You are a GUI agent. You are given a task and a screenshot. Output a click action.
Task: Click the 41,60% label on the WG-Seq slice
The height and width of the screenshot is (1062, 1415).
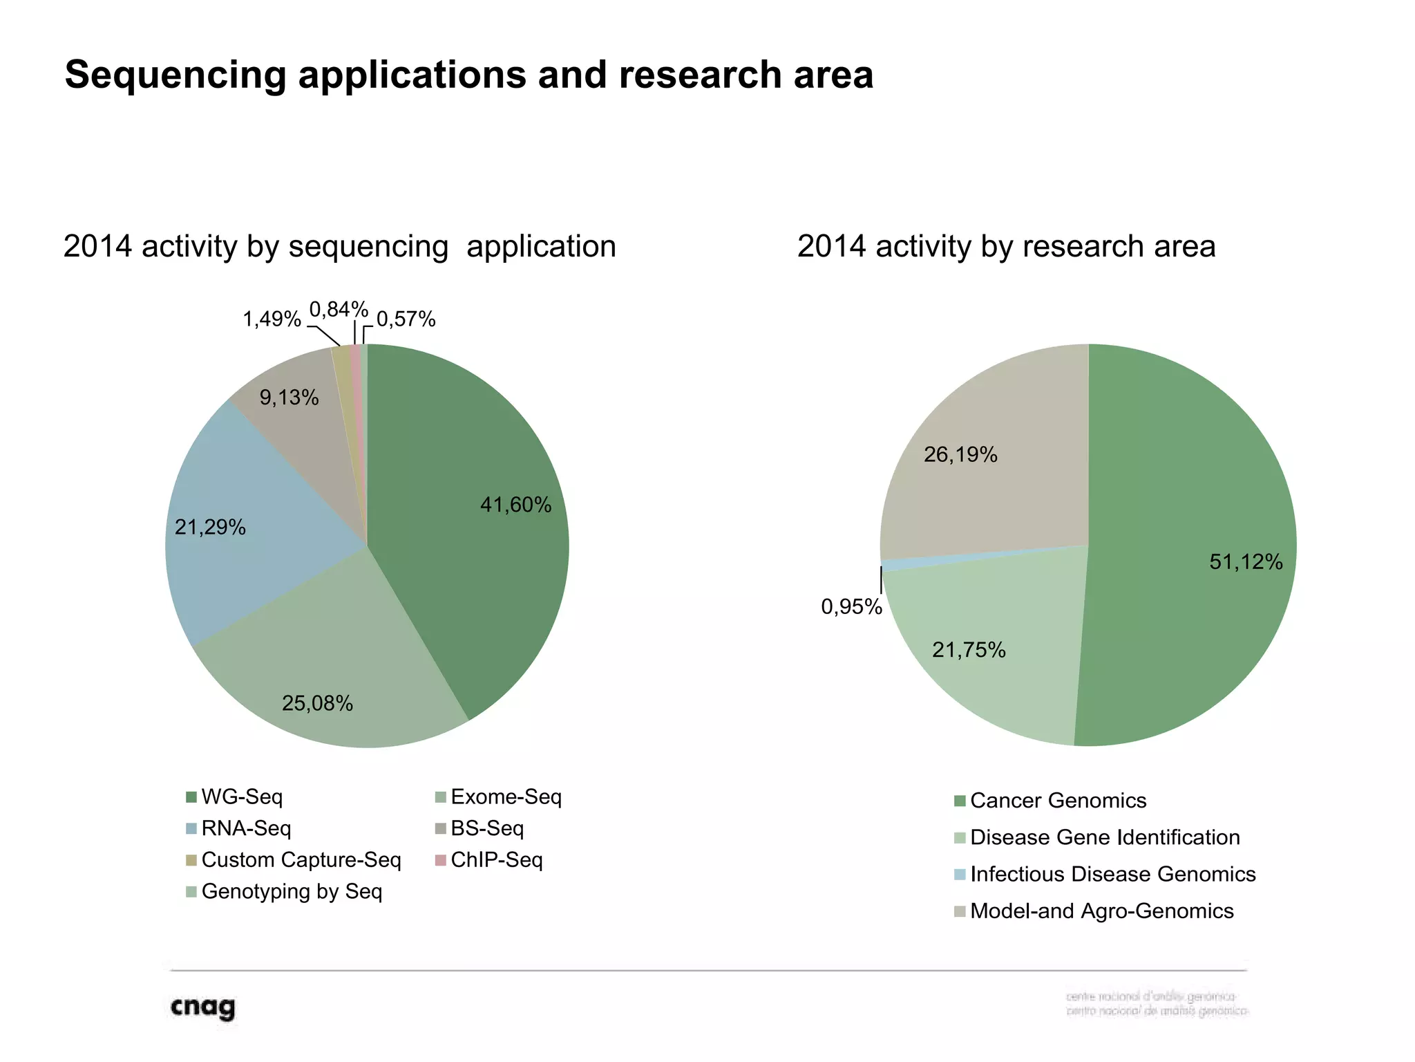[515, 505]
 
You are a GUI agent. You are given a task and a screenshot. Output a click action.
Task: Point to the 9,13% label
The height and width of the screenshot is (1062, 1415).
[289, 398]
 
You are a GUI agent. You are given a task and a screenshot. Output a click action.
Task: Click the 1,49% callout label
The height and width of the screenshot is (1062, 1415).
[272, 319]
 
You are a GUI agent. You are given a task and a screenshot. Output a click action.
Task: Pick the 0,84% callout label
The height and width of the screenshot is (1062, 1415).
[338, 309]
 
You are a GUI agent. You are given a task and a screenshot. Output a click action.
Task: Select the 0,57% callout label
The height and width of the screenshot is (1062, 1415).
[406, 319]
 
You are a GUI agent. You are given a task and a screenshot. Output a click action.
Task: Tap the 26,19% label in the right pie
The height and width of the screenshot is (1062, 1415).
[960, 455]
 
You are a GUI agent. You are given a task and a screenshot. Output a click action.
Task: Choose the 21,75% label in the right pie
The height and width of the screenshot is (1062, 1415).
[969, 650]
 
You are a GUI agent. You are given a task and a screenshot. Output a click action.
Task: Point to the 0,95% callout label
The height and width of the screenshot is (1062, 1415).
[851, 607]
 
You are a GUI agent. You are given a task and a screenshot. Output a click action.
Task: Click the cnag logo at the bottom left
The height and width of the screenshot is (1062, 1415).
[203, 1008]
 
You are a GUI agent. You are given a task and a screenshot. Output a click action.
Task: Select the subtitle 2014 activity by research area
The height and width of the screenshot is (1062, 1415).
[1006, 247]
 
